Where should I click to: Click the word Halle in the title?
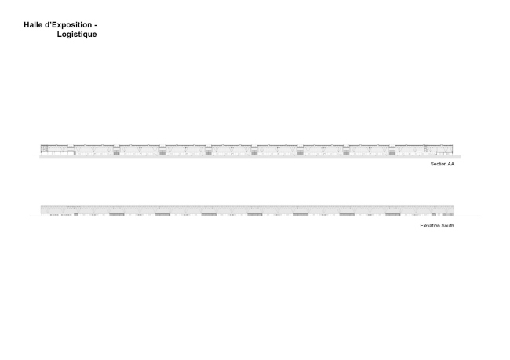(33, 25)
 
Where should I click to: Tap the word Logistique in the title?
(77, 35)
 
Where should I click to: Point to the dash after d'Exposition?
(96, 26)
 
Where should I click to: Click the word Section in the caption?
(438, 164)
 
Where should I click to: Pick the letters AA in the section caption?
(450, 164)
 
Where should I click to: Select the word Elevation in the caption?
(430, 226)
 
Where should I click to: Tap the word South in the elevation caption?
(447, 226)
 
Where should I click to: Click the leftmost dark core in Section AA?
(116, 151)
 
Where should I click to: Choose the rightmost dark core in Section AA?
(392, 151)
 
